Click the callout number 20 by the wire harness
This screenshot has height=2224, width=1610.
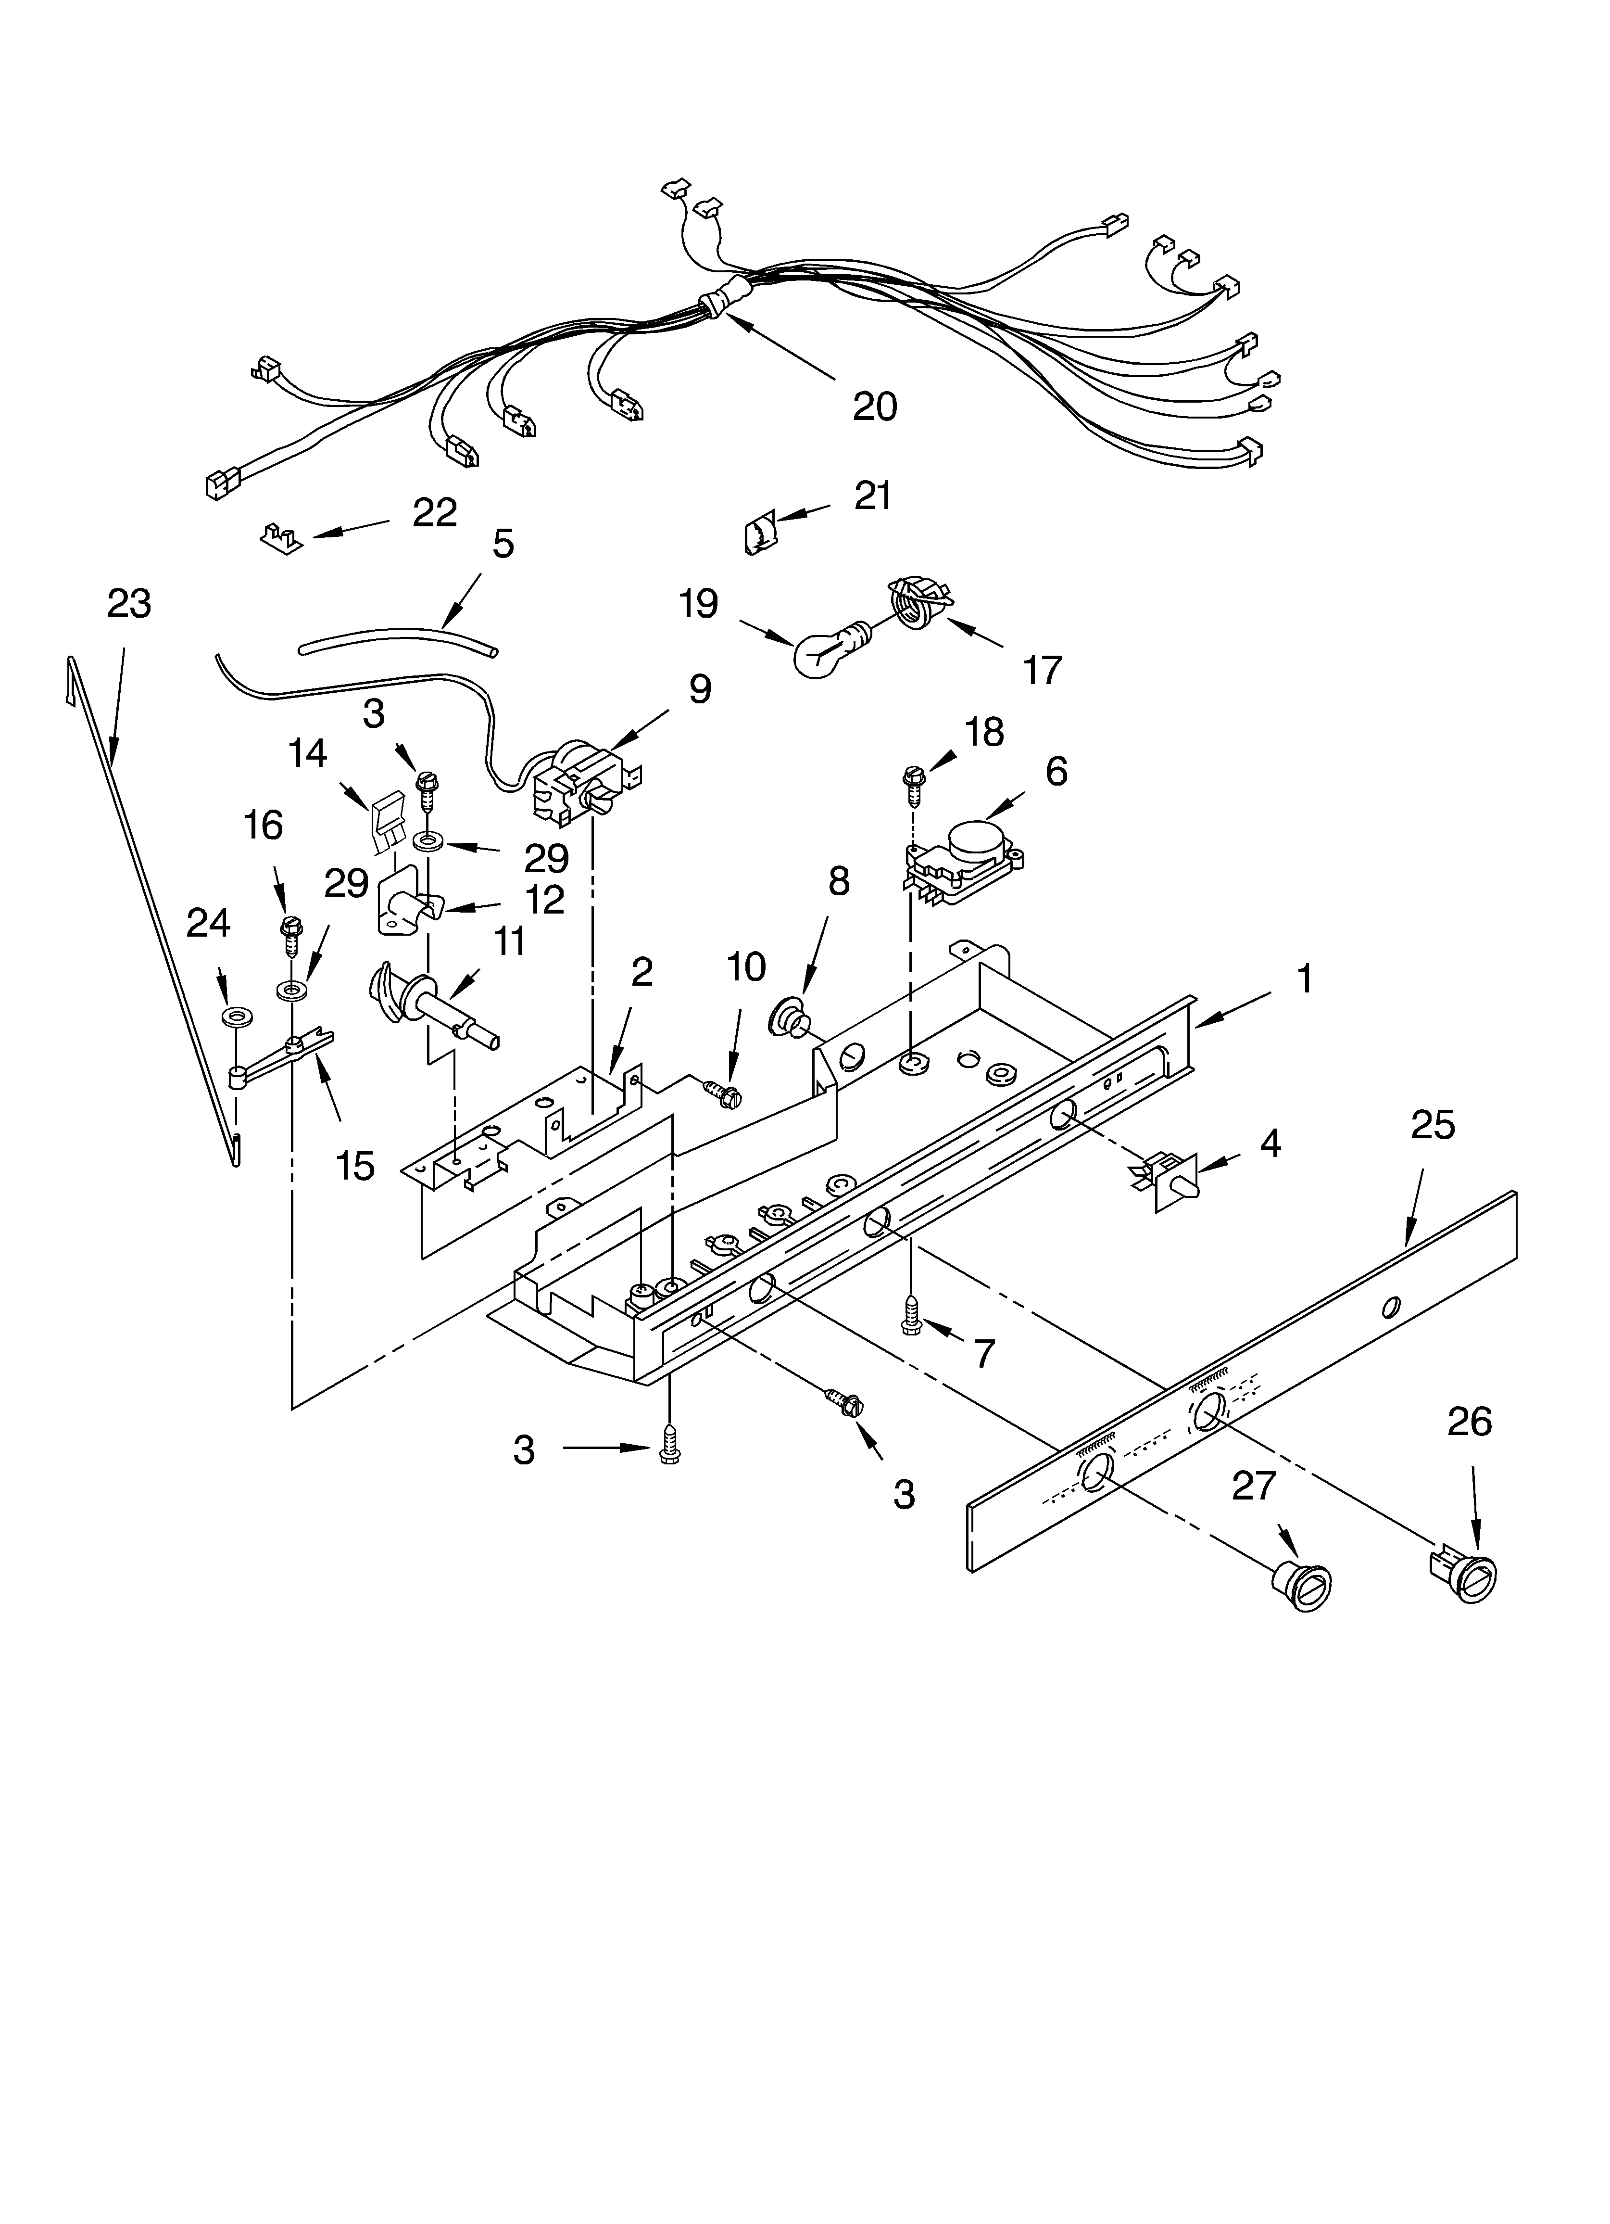(875, 405)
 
